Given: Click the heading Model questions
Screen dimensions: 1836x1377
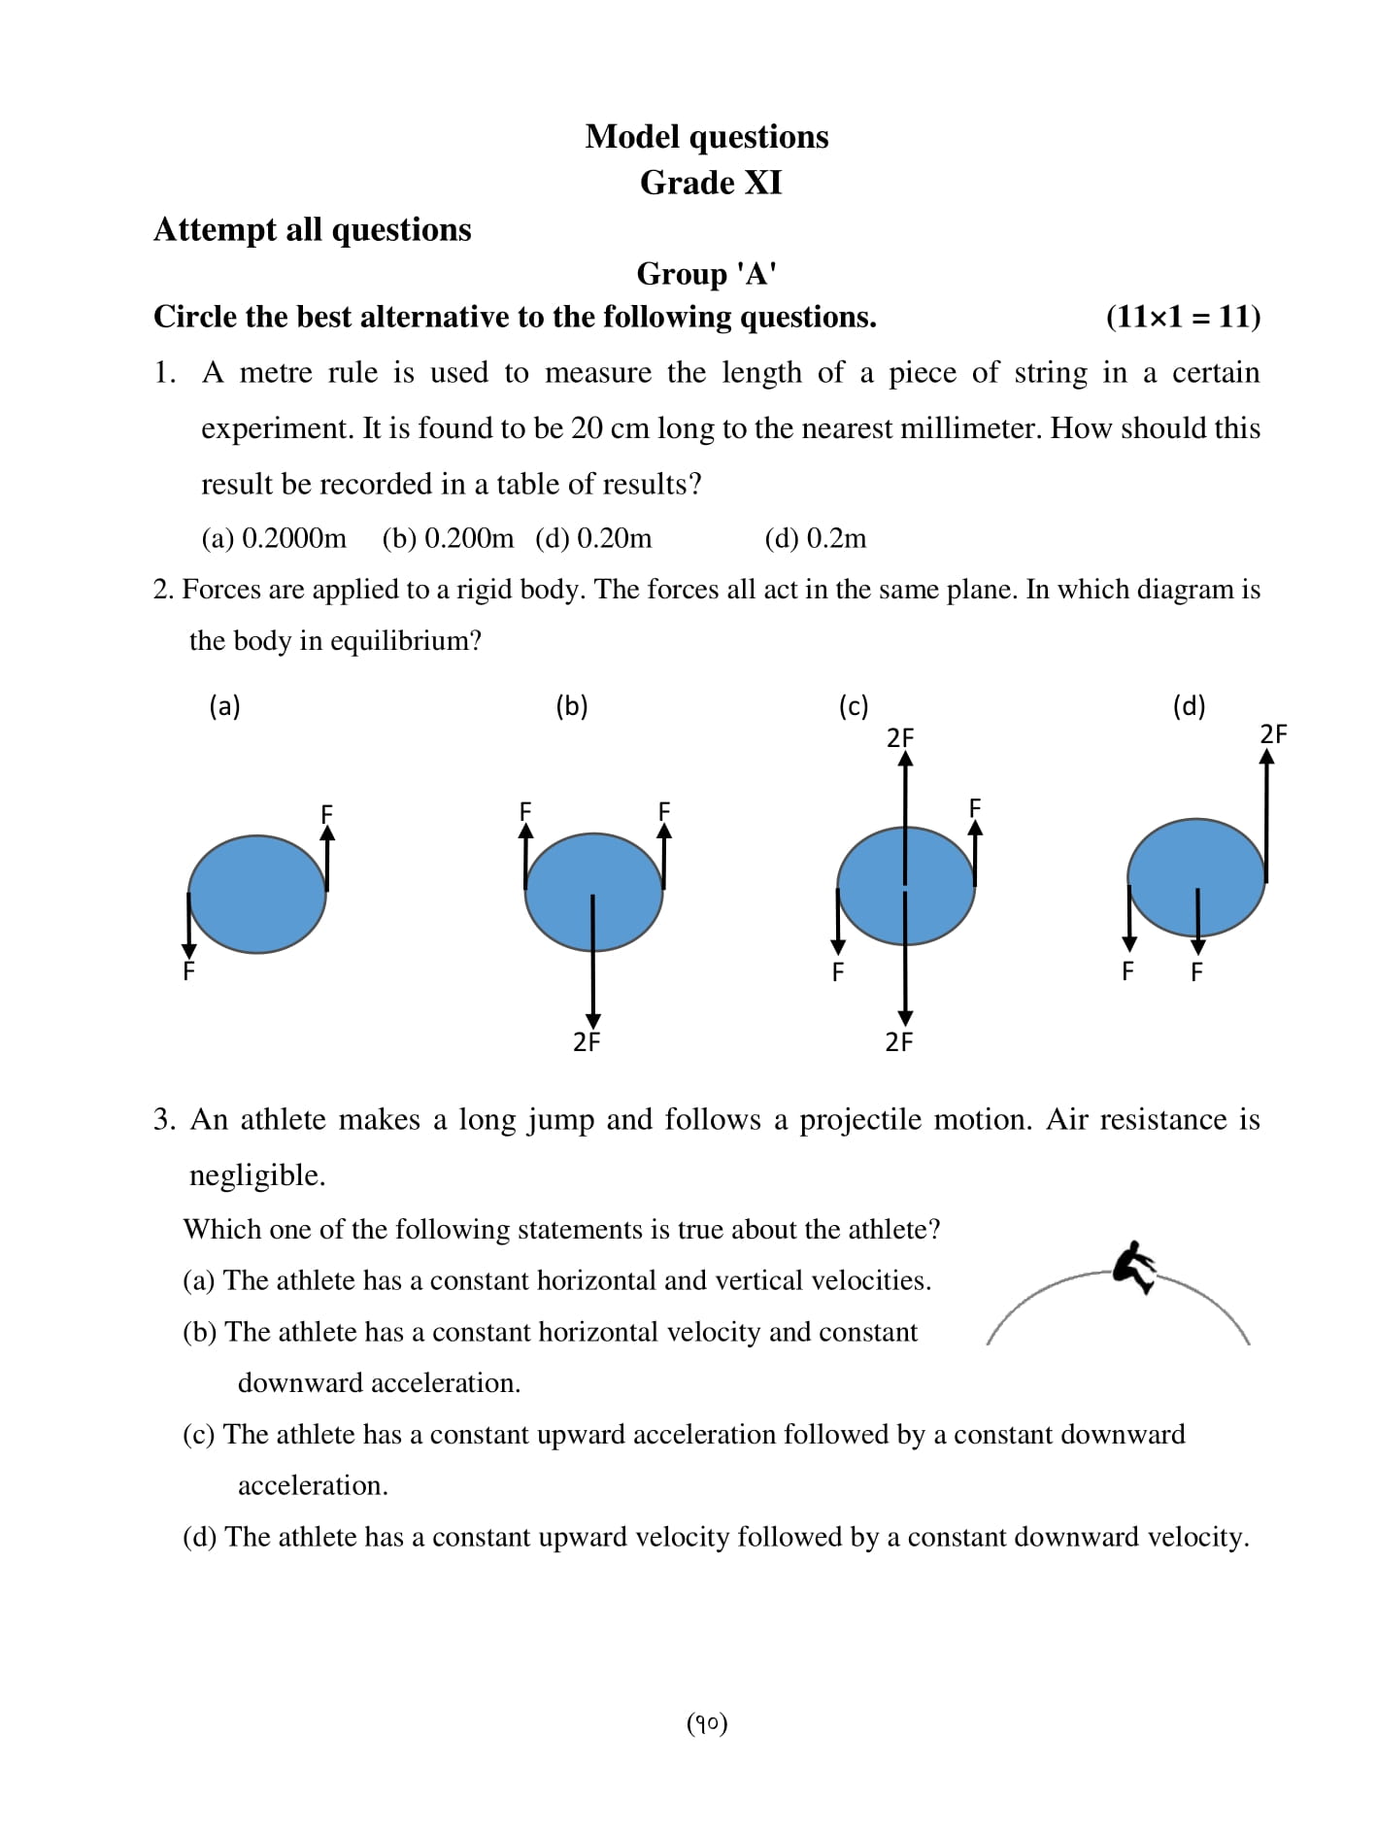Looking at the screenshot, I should click(706, 137).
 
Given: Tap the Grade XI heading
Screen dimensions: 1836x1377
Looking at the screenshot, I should click(710, 183).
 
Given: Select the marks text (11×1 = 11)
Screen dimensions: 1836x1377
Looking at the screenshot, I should click(1182, 317).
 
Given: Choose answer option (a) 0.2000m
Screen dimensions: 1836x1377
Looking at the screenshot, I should click(273, 538).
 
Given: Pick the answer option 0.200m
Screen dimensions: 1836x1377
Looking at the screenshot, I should click(448, 538).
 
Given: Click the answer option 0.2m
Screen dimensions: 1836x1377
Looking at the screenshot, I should click(816, 538).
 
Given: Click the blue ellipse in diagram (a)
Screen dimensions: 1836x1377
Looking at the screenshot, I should click(257, 894).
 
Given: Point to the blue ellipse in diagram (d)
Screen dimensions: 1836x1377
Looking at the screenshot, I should click(1195, 877).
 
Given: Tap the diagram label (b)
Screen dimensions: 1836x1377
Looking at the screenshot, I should click(572, 706).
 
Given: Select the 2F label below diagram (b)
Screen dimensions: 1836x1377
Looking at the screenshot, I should click(587, 1042).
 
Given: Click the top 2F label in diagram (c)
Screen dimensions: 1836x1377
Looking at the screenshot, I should click(900, 738).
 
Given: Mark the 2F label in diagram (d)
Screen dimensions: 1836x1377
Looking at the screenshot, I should click(1273, 734).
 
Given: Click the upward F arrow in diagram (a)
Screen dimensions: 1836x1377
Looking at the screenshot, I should click(327, 860).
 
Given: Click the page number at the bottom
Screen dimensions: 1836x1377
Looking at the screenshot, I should click(707, 1723).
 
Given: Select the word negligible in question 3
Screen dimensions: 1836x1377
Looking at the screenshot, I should click(256, 1175).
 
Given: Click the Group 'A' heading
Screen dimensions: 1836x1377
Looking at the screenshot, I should click(706, 274).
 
